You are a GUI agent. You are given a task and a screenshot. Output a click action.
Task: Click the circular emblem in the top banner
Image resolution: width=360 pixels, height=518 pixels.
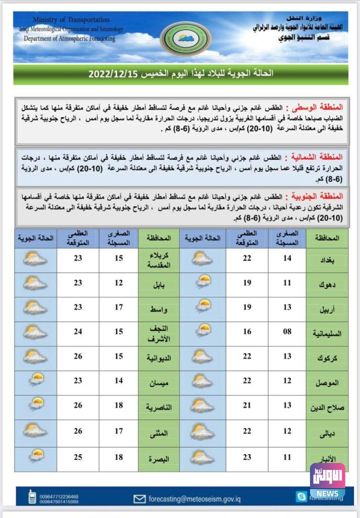[x=186, y=39]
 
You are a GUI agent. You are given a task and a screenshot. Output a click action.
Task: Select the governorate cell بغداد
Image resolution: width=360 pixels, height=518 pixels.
[x=327, y=260]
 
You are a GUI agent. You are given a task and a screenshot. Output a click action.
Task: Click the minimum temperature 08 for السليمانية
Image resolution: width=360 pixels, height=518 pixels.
[x=287, y=333]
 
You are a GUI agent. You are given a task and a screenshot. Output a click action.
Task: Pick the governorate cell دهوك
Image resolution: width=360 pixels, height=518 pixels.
[x=327, y=284]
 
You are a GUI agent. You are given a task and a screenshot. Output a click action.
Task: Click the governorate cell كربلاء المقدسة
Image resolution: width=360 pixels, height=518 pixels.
[x=159, y=260]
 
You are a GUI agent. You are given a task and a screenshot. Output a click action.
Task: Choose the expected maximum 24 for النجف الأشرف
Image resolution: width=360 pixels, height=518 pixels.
[x=78, y=333]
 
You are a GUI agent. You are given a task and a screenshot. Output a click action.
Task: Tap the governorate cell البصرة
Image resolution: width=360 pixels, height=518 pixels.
[x=159, y=459]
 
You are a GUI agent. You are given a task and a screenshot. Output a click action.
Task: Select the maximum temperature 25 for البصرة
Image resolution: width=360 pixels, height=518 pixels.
[x=78, y=459]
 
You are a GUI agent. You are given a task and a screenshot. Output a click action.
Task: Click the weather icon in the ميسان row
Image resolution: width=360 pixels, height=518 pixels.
[x=35, y=382]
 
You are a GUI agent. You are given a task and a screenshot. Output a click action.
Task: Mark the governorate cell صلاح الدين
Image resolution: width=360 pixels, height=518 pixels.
[x=327, y=407]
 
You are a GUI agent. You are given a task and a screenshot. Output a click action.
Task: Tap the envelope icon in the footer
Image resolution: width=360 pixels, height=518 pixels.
[x=140, y=499]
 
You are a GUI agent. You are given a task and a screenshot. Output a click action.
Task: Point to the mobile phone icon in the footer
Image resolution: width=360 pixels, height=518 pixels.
[x=32, y=498]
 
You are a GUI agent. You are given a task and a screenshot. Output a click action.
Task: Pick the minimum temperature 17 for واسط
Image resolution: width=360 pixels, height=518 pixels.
[x=119, y=308]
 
